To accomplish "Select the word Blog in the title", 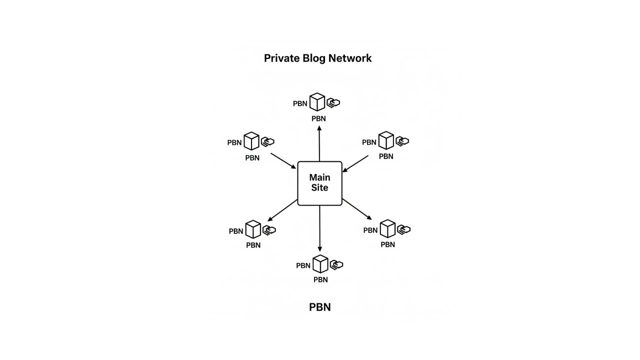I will [314, 58].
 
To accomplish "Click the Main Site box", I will [319, 183].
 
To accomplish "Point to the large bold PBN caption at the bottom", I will [319, 307].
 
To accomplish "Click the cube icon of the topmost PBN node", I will [317, 102].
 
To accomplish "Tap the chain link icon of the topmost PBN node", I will [333, 102].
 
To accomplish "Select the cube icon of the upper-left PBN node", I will [251, 141].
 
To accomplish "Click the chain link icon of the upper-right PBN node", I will [402, 141].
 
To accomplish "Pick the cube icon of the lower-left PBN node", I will [253, 229].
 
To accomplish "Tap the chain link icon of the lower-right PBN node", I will [404, 229].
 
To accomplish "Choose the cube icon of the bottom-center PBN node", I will [320, 264].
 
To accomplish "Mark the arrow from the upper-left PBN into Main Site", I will [283, 161].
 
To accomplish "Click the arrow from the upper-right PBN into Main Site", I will [355, 163].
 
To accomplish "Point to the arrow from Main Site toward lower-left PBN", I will [283, 210].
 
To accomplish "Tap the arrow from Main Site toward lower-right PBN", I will [357, 209].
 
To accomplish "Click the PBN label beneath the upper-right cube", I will [386, 156].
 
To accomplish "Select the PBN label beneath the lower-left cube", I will [253, 245].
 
